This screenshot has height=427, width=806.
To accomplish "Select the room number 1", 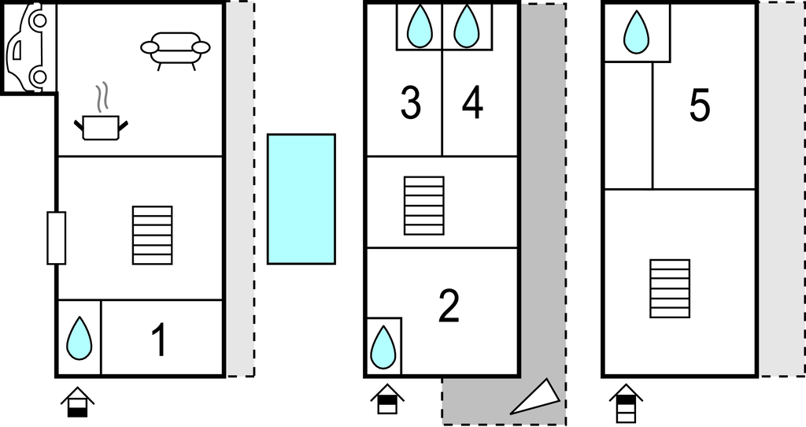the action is pos(160,340).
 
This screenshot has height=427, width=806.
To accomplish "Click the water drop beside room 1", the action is pos(79,339).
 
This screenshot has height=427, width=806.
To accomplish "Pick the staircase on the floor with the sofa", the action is pos(152,235).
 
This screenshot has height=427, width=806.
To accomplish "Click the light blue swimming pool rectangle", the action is pos(301,199).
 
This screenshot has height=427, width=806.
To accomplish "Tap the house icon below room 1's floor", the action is pos(78,403).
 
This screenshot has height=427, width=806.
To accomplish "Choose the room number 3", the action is pos(410,103).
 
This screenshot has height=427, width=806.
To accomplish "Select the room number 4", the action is pos(472,103).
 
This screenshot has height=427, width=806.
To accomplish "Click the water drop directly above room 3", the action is pos(420,26).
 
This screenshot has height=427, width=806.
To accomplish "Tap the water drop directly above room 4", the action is pos(467,26).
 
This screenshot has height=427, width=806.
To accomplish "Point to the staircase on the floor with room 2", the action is pos(424,206).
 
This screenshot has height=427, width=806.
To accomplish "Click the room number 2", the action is pos(449,306).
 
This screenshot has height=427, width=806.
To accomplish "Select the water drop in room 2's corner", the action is pos(383,347).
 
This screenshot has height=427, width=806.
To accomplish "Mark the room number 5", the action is pos(699,106).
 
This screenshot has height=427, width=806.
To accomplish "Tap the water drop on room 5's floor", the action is pos(636,32).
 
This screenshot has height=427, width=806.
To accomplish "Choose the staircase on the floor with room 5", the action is pos(670,288).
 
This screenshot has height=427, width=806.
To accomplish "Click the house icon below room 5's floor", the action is pos(626,403).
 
